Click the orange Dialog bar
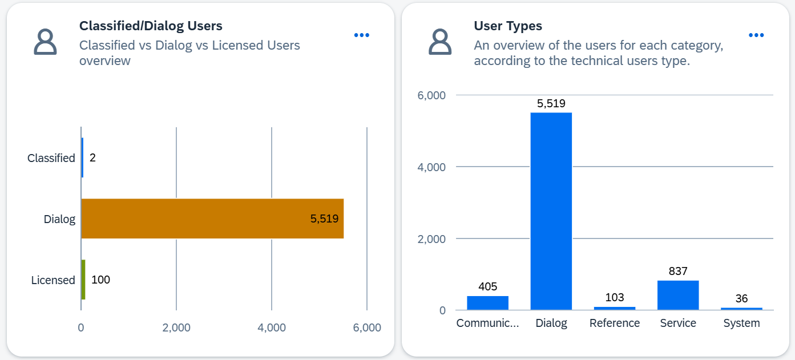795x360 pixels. pyautogui.click(x=212, y=219)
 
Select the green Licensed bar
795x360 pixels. pyautogui.click(x=83, y=280)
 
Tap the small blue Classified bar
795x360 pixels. pyautogui.click(x=82, y=157)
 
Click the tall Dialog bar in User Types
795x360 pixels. pyautogui.click(x=551, y=211)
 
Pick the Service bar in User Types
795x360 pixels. pyautogui.click(x=677, y=295)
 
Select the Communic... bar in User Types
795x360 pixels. pyautogui.click(x=487, y=303)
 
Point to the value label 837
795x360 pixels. pyautogui.click(x=678, y=272)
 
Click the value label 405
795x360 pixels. pyautogui.click(x=487, y=287)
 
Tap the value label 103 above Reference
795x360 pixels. pyautogui.click(x=615, y=297)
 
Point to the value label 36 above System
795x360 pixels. pyautogui.click(x=741, y=299)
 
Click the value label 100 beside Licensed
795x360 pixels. pyautogui.click(x=100, y=280)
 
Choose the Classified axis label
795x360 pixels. pyautogui.click(x=51, y=158)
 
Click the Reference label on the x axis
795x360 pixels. pyautogui.click(x=615, y=323)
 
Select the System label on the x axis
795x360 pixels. pyautogui.click(x=741, y=323)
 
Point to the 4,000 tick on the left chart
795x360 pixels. pyautogui.click(x=272, y=328)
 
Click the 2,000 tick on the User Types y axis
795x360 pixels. pyautogui.click(x=431, y=238)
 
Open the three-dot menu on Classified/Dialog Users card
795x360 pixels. pyautogui.click(x=361, y=35)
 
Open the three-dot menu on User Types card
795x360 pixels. pyautogui.click(x=756, y=35)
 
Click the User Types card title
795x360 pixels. pyautogui.click(x=507, y=26)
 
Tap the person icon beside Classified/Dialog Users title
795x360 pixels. pyautogui.click(x=45, y=42)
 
